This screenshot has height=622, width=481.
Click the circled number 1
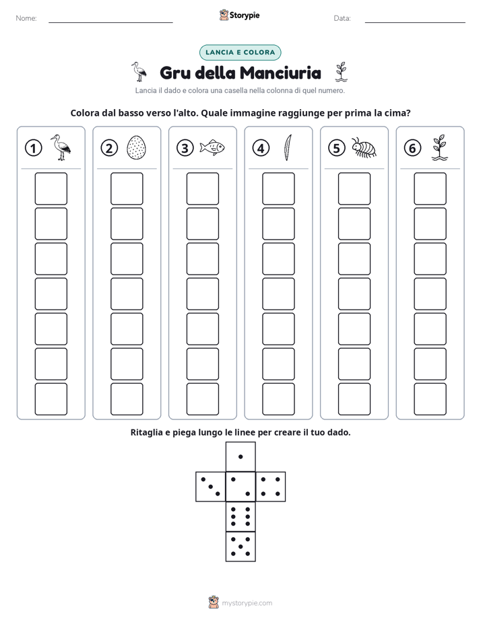[33, 148]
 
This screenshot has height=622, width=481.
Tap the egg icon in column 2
[136, 147]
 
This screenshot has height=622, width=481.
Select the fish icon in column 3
[212, 147]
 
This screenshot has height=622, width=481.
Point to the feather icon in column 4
[288, 147]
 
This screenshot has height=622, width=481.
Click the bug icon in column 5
[364, 147]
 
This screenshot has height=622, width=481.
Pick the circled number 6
[412, 148]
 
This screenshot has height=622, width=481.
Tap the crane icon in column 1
[61, 147]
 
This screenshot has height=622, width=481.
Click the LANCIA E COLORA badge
[240, 53]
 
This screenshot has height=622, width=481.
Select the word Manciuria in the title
[280, 73]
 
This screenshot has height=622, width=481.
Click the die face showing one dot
[241, 457]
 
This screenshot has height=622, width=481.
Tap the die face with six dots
[241, 516]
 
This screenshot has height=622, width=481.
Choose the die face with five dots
[241, 546]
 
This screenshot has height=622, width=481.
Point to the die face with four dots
[270, 487]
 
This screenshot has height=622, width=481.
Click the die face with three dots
[211, 487]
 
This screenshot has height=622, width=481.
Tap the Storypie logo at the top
[240, 15]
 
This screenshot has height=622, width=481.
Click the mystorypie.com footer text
[247, 603]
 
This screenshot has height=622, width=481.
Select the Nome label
[26, 18]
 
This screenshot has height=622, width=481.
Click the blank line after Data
[415, 22]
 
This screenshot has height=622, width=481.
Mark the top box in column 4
[278, 188]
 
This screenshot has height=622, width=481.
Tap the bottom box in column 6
[430, 399]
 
